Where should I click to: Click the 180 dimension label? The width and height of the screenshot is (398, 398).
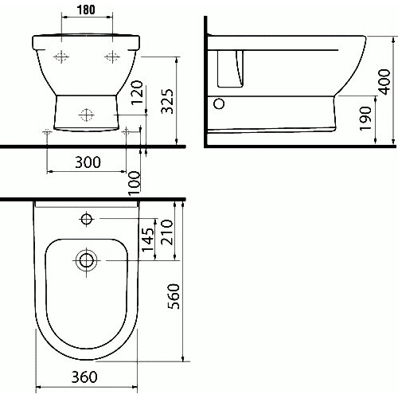86,10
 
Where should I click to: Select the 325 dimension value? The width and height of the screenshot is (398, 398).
167,101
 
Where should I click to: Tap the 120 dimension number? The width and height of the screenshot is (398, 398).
138,92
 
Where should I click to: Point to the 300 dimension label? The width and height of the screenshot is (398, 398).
88,162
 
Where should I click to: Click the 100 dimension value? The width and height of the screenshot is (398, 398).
135,183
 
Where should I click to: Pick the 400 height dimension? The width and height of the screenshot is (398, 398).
384,82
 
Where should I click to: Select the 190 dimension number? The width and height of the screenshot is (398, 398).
365,119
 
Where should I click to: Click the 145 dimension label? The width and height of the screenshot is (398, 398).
147,240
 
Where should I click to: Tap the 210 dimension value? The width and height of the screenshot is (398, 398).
167,232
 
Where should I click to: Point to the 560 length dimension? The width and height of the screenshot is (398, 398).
174,296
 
